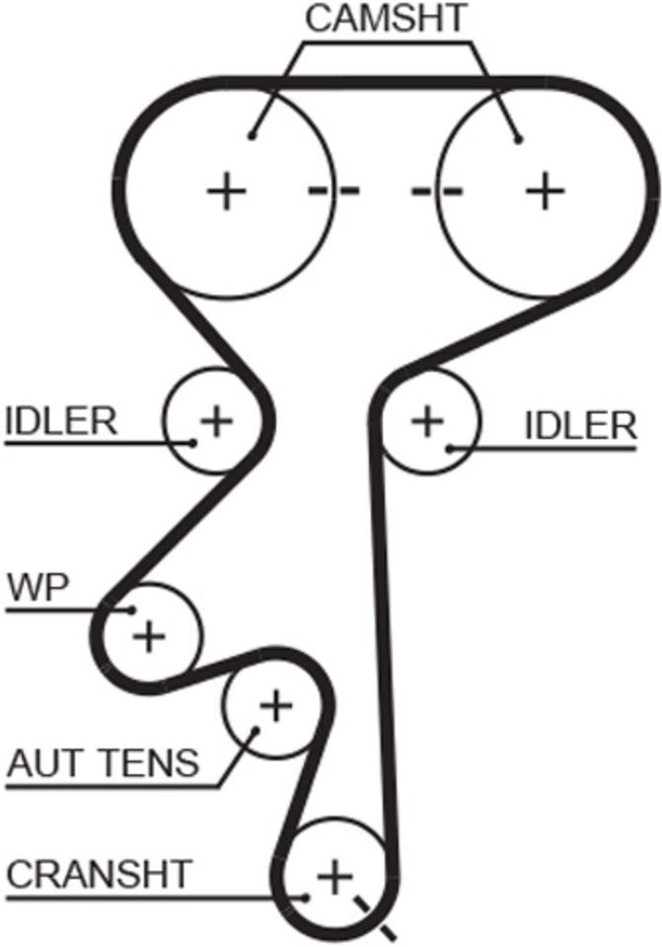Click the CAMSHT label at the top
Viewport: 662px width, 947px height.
pyautogui.click(x=386, y=18)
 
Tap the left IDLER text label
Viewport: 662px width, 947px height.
pyautogui.click(x=61, y=421)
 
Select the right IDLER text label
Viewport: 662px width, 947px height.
pyautogui.click(x=580, y=426)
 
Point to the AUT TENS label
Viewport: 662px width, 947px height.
pyautogui.click(x=103, y=763)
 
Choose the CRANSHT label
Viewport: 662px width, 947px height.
pyautogui.click(x=99, y=873)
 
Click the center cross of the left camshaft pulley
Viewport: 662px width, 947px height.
pyautogui.click(x=227, y=191)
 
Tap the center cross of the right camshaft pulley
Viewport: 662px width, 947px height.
pyautogui.click(x=545, y=190)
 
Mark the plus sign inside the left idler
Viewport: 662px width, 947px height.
pyautogui.click(x=216, y=420)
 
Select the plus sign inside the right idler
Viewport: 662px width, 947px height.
pyautogui.click(x=427, y=420)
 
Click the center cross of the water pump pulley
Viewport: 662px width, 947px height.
pyautogui.click(x=149, y=636)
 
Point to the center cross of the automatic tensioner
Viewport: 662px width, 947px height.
pyautogui.click(x=275, y=704)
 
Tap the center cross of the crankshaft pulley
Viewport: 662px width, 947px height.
pyautogui.click(x=334, y=876)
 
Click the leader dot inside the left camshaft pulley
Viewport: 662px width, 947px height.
pyautogui.click(x=253, y=136)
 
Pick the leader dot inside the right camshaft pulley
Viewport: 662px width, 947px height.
pyautogui.click(x=518, y=139)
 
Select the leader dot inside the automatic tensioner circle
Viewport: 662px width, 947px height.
pyautogui.click(x=255, y=730)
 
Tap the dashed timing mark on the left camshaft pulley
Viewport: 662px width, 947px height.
pyautogui.click(x=334, y=191)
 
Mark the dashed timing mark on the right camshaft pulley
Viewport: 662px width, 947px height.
pyautogui.click(x=437, y=191)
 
